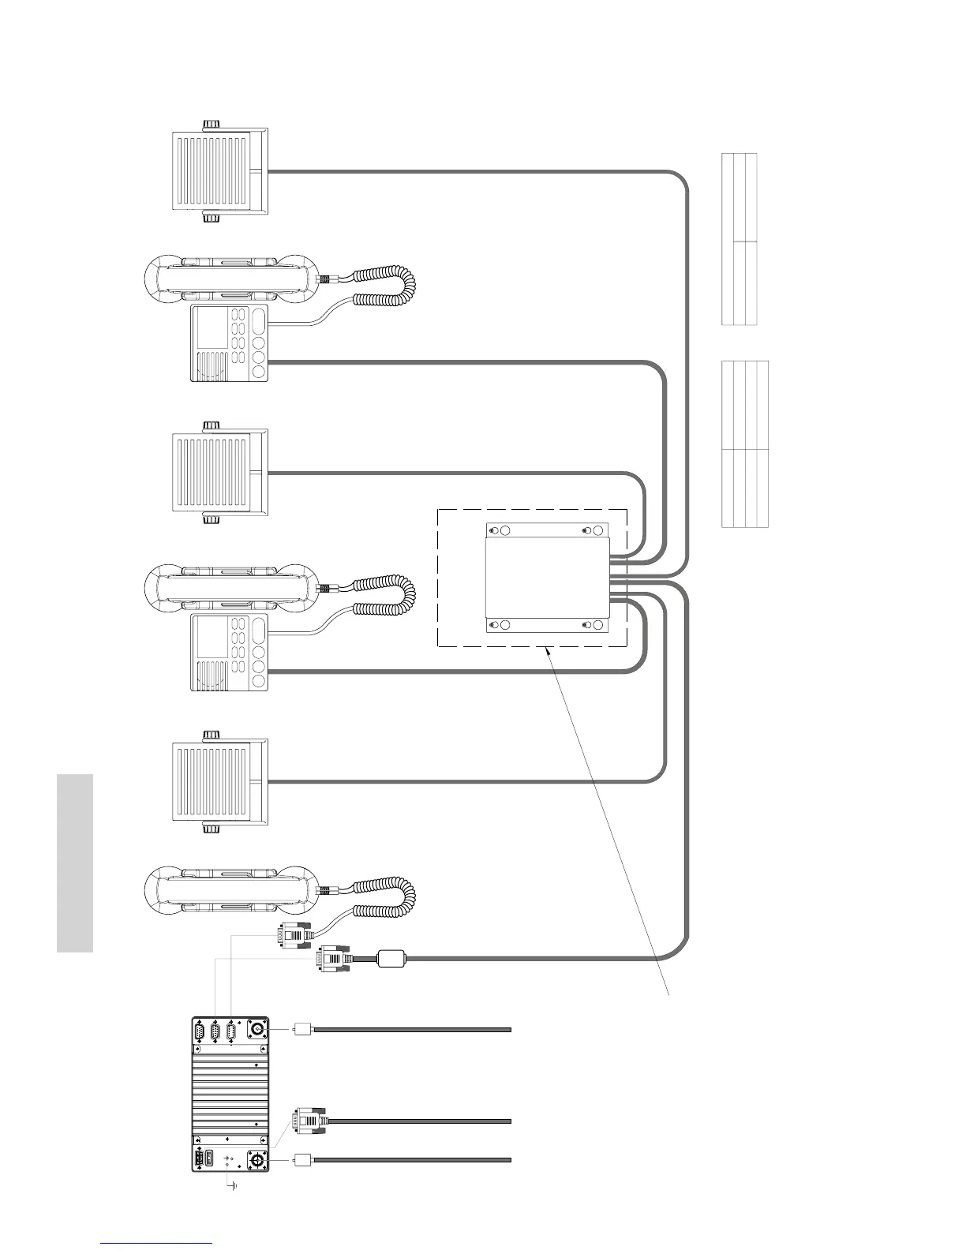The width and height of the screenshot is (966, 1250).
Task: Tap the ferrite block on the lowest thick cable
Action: click(391, 959)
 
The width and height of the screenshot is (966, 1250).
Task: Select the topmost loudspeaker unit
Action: click(220, 171)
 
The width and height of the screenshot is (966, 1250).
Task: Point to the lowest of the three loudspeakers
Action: click(220, 782)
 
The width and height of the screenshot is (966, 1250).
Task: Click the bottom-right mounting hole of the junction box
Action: click(598, 626)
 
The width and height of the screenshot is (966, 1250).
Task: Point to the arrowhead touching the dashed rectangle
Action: click(546, 650)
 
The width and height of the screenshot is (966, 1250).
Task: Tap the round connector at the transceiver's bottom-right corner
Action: click(256, 1159)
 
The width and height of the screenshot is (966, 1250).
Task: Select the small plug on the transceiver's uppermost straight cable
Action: click(300, 1029)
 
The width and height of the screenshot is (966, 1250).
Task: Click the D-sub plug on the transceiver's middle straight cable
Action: click(308, 1121)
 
